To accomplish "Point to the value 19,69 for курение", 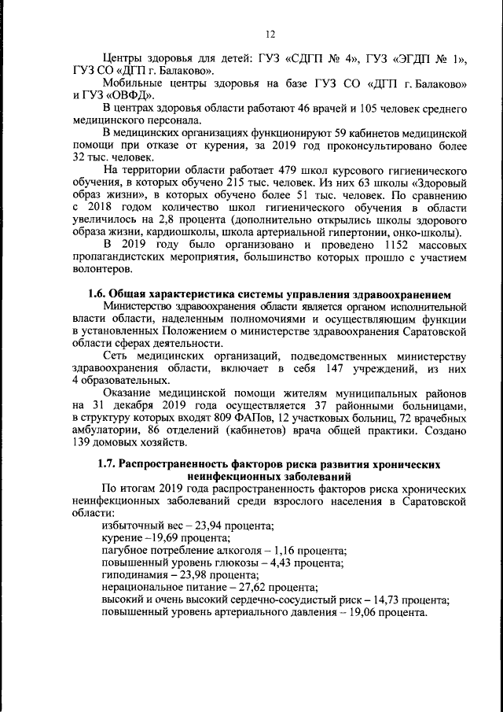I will pos(171,537).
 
